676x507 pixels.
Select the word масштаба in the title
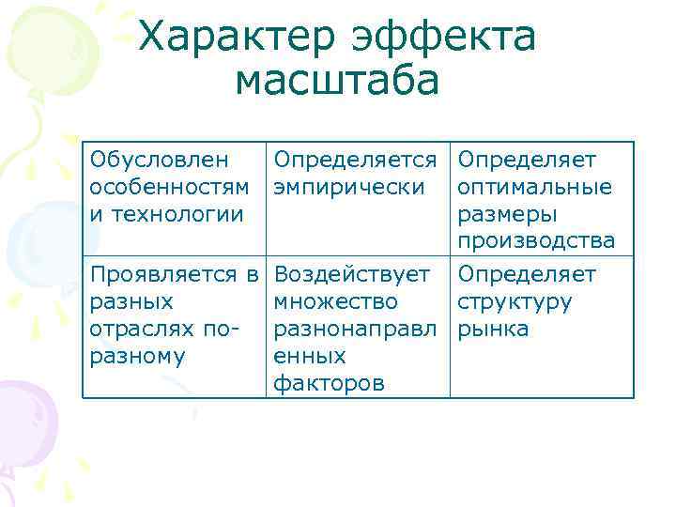coord(337,81)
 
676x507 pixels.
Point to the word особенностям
coord(170,187)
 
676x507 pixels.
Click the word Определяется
coord(357,160)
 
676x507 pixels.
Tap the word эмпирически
coord(346,187)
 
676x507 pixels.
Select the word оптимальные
coord(534,187)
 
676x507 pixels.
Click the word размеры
coord(506,213)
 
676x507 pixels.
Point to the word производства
coord(536,241)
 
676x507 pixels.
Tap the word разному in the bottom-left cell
coord(131,357)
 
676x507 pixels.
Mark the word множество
coord(335,302)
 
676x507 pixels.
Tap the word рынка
coord(493,330)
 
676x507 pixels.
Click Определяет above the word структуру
coord(527,274)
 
